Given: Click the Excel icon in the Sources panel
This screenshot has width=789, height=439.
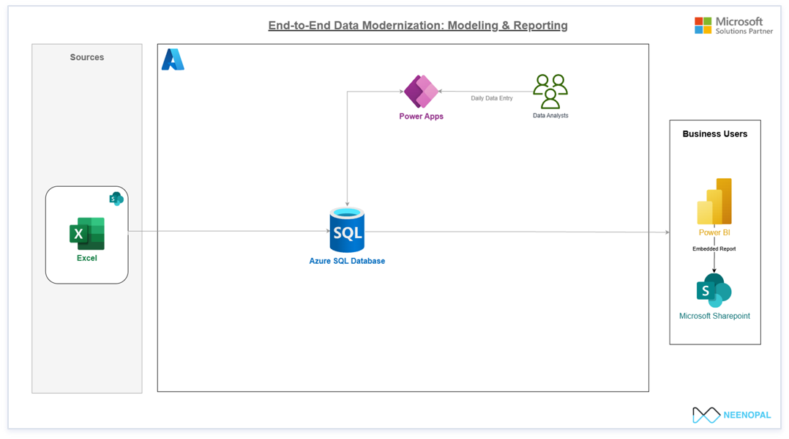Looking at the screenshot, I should pyautogui.click(x=87, y=233).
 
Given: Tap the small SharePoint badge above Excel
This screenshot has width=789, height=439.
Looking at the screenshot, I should pyautogui.click(x=116, y=199).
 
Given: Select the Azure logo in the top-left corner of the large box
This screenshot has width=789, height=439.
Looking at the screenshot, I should pyautogui.click(x=173, y=59).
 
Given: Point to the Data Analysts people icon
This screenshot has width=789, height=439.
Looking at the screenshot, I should pyautogui.click(x=550, y=92).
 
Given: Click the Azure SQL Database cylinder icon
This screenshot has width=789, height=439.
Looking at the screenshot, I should pyautogui.click(x=347, y=230).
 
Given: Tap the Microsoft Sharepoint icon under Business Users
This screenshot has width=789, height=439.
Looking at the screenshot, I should pyautogui.click(x=714, y=290).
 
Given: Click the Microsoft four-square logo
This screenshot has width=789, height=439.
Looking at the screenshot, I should pyautogui.click(x=703, y=26).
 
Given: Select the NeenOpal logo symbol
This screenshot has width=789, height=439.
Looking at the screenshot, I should pyautogui.click(x=706, y=415).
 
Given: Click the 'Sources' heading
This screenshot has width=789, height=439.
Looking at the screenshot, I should pyautogui.click(x=87, y=57).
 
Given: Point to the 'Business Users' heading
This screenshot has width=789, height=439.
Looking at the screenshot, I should pyautogui.click(x=715, y=134).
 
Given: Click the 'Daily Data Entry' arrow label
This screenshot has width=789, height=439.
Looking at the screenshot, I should pyautogui.click(x=492, y=97).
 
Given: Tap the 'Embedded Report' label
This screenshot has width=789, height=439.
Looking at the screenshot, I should pyautogui.click(x=714, y=249).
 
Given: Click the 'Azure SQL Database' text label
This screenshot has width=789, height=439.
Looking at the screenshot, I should pyautogui.click(x=347, y=261).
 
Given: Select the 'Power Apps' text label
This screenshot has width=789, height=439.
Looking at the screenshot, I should pyautogui.click(x=421, y=117).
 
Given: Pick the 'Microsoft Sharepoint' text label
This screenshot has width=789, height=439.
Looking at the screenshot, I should pyautogui.click(x=714, y=316).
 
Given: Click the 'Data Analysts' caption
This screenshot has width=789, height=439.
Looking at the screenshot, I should pyautogui.click(x=550, y=116).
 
